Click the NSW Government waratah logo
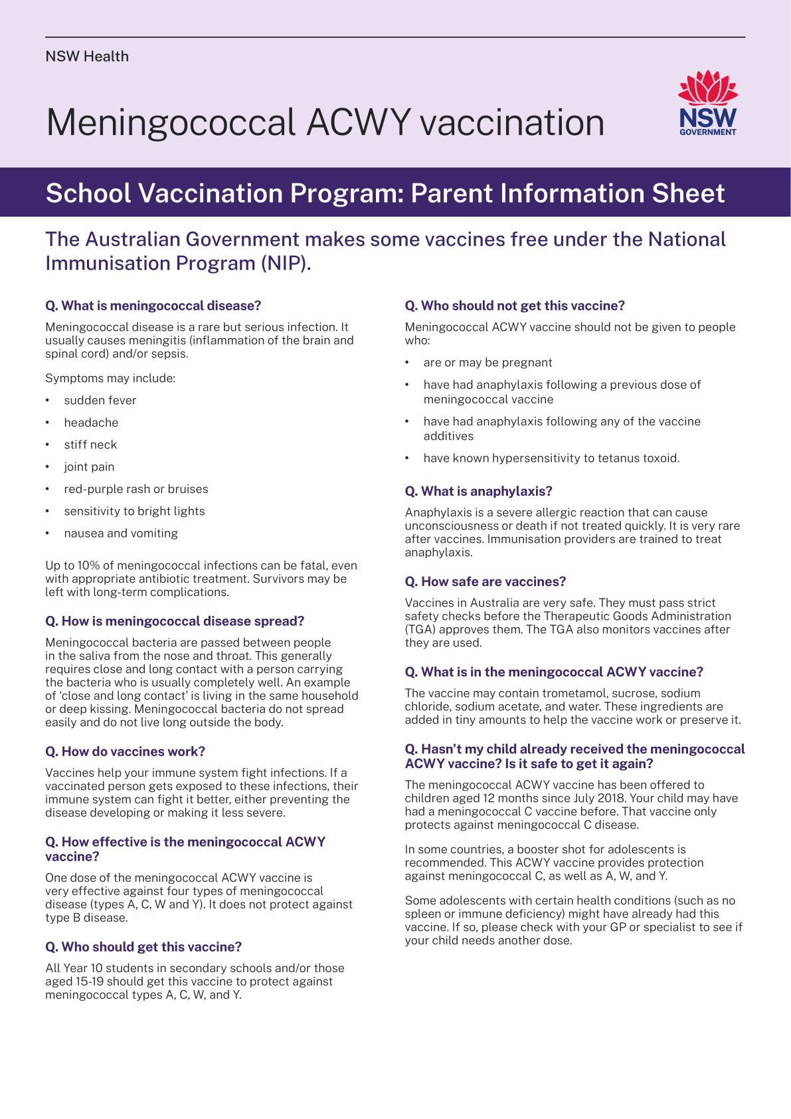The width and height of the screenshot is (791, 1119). [x=708, y=103]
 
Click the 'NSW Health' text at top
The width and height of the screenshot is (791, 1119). [x=87, y=56]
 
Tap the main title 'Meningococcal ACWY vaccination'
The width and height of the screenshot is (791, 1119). [x=325, y=123]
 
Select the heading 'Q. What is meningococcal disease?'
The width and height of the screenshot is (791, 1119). [x=153, y=306]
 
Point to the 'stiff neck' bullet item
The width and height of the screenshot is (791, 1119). [x=90, y=445]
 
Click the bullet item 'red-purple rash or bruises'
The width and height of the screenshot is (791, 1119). [x=135, y=489]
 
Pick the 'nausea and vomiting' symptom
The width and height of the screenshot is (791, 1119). [x=121, y=533]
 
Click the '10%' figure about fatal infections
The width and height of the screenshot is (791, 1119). [x=88, y=565]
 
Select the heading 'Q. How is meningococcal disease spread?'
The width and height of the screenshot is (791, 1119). [x=175, y=621]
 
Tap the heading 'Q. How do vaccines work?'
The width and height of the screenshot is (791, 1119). [x=125, y=752]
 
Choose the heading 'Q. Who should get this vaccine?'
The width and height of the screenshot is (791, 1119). [x=143, y=947]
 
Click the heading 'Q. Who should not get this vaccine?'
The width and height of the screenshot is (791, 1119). [x=515, y=306]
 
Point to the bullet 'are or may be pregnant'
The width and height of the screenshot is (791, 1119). [x=487, y=363]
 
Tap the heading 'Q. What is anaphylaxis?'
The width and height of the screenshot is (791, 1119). [x=478, y=491]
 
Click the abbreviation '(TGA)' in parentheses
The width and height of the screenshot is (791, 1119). [x=420, y=629]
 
